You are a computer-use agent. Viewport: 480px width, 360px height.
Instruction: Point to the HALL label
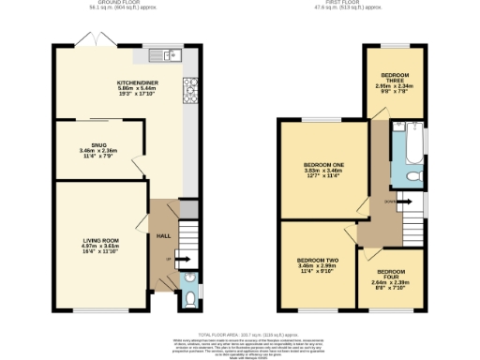click(162, 235)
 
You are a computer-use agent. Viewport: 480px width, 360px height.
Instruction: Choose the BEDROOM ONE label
click(321, 164)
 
